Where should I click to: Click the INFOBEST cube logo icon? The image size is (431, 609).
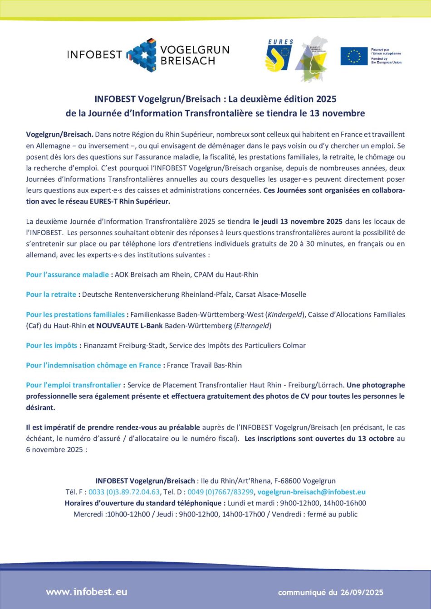[142, 55]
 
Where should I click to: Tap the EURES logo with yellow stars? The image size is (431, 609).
[279, 56]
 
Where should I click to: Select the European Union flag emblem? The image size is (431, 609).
[354, 56]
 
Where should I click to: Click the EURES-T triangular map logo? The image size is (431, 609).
[311, 59]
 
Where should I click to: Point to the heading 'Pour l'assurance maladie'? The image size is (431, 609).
[67, 275]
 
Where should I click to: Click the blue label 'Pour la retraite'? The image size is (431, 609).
[51, 295]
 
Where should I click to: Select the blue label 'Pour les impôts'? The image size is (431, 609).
[51, 345]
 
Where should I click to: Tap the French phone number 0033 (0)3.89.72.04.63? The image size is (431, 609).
[124, 492]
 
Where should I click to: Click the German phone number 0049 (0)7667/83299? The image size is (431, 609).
[220, 492]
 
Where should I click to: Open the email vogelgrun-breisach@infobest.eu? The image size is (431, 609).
[311, 492]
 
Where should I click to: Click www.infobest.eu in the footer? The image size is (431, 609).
[87, 592]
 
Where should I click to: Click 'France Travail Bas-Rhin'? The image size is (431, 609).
[204, 365]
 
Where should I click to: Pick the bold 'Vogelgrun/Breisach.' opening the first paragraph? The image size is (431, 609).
[59, 135]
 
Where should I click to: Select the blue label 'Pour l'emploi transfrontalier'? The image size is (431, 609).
[73, 385]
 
